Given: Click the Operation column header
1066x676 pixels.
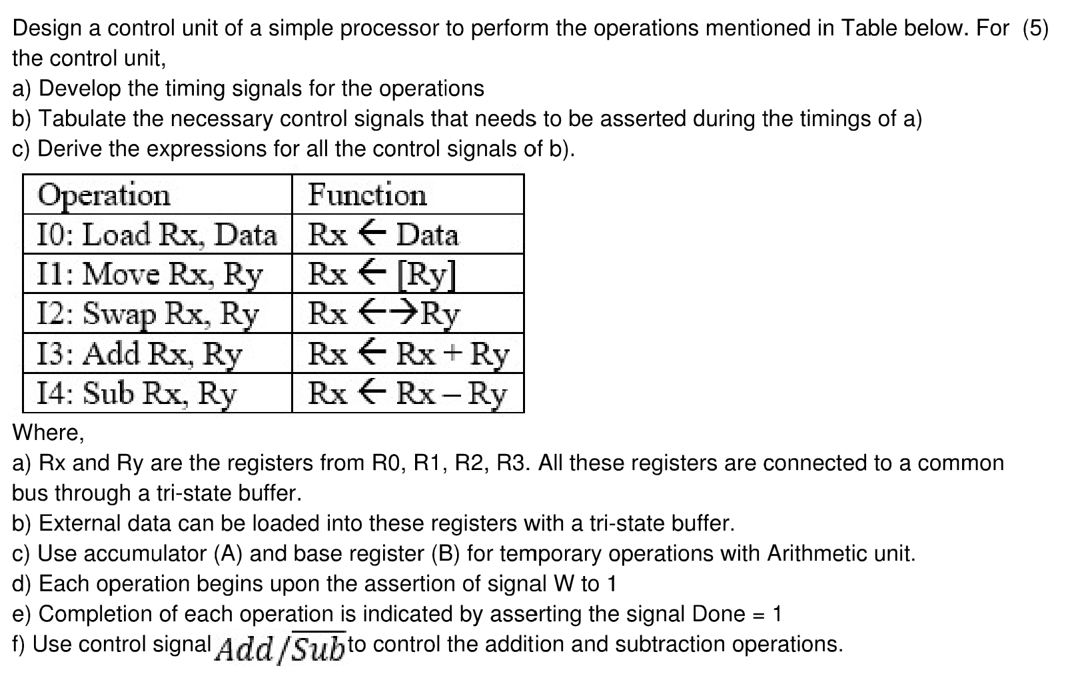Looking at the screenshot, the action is tap(104, 195).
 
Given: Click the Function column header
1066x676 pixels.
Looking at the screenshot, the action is tap(367, 195).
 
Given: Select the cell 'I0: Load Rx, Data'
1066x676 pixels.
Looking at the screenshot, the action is tap(157, 235).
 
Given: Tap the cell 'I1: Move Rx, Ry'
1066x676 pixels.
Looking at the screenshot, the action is tap(150, 274).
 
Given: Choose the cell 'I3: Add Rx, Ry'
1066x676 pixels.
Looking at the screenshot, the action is tap(139, 353).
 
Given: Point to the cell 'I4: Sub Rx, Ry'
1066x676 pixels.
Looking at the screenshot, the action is tap(137, 393).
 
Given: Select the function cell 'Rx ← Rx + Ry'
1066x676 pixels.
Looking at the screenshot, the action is tap(408, 353).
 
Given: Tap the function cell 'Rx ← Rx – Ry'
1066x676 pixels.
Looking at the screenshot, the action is tap(407, 393).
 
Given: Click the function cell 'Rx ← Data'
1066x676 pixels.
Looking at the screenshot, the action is tap(383, 235).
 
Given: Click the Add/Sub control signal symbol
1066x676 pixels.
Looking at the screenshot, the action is tap(280, 647).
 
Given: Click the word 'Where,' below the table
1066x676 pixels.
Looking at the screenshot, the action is tap(49, 433).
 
